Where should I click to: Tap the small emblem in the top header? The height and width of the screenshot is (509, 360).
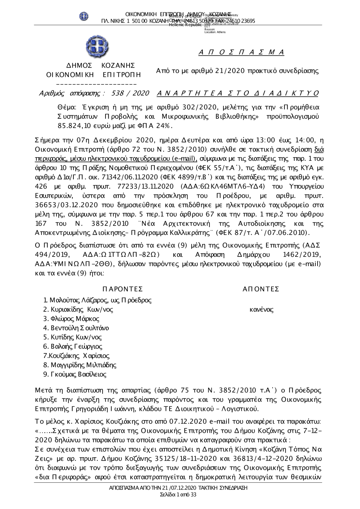tap(84, 16)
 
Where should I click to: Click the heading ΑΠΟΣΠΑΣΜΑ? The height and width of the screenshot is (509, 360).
tap(241, 53)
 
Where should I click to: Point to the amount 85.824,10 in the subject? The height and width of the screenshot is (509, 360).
tap(71, 126)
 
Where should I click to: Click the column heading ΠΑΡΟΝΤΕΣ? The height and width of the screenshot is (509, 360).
tap(122, 289)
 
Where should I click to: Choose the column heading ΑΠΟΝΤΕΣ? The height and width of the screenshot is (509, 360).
tap(261, 289)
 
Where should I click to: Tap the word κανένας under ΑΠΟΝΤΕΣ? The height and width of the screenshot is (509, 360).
tap(261, 309)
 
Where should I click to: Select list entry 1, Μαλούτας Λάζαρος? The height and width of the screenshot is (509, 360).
tap(97, 300)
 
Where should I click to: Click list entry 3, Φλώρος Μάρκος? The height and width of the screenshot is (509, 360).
tap(71, 319)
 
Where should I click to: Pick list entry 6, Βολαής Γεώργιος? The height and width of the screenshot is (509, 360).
tap(73, 346)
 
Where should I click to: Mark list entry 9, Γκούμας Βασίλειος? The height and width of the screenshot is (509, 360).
tap(75, 374)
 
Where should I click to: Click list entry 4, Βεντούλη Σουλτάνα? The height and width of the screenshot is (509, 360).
tap(76, 328)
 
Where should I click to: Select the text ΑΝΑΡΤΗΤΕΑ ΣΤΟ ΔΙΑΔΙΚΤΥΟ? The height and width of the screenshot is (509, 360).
tap(238, 94)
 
